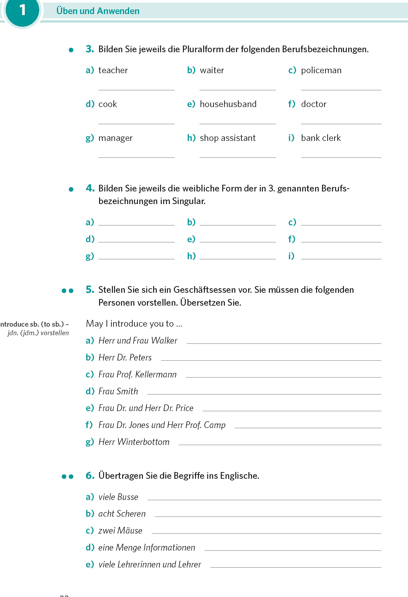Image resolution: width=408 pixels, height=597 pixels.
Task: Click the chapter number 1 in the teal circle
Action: click(23, 10)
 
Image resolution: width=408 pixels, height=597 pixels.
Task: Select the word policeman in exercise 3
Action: click(321, 70)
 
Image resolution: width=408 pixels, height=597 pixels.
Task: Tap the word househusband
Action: click(228, 104)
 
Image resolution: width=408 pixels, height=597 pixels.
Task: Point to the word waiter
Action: click(212, 70)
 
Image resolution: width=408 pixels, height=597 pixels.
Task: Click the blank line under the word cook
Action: click(136, 123)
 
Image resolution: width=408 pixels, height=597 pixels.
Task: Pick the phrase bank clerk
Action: click(321, 138)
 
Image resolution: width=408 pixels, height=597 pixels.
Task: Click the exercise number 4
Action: click(90, 188)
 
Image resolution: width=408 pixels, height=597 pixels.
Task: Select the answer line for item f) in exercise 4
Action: click(341, 242)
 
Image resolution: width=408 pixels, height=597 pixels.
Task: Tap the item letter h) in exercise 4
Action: click(191, 256)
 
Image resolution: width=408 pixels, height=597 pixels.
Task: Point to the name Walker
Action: click(164, 340)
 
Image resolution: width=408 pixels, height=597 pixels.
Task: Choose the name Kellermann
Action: click(156, 374)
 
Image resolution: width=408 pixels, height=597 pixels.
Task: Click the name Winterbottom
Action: click(143, 442)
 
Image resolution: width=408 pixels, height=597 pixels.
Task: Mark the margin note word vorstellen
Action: click(55, 333)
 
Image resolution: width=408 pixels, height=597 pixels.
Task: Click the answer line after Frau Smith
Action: click(264, 394)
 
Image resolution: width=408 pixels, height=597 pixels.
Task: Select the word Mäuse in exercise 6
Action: click(130, 530)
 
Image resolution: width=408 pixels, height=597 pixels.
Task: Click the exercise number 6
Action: click(90, 475)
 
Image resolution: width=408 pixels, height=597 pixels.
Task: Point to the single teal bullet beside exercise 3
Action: click(71, 50)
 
